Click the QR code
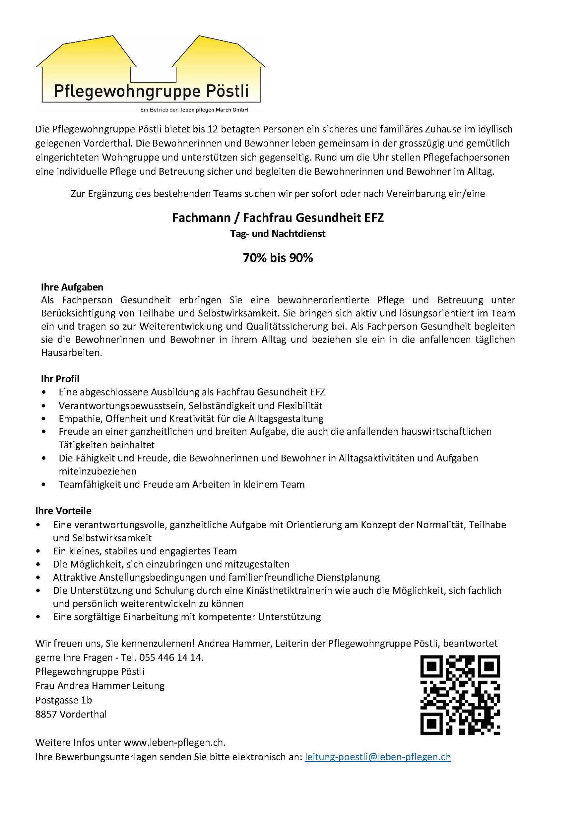[x=460, y=694]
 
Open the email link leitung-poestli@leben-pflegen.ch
[x=378, y=757]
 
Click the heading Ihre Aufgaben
[x=72, y=287]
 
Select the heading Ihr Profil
[x=60, y=378]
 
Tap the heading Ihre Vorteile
[x=63, y=510]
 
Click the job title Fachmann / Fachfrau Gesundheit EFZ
[x=277, y=218]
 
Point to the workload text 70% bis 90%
[x=277, y=257]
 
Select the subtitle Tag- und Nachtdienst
[x=277, y=234]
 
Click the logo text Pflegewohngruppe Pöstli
[x=151, y=91]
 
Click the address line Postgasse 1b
[x=63, y=700]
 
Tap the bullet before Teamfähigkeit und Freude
[x=44, y=484]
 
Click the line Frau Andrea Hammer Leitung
[x=100, y=685]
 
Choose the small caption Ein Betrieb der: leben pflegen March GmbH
[x=194, y=110]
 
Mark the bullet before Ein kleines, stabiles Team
[x=38, y=551]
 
